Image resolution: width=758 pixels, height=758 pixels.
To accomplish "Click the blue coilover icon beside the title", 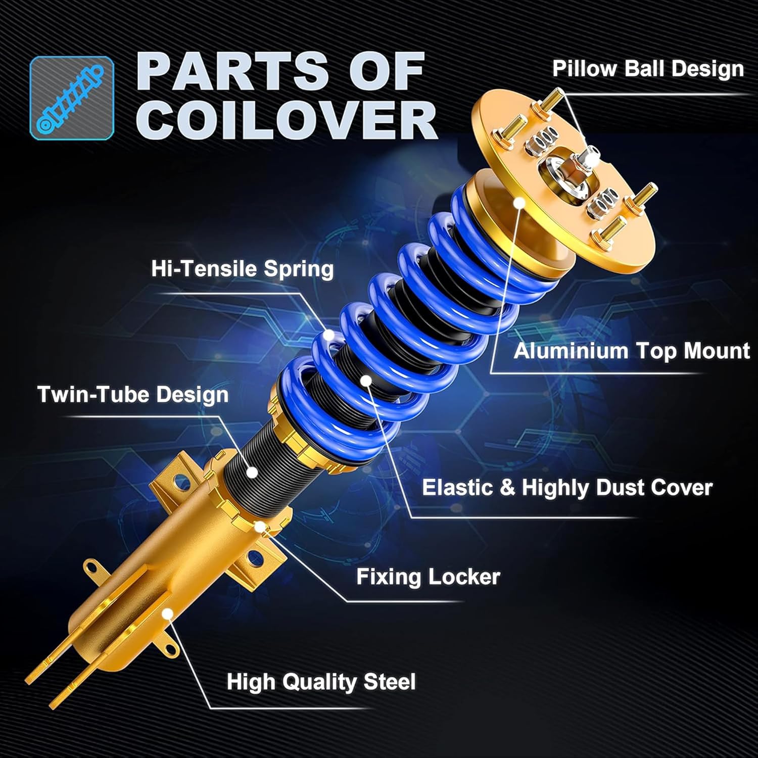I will (x=72, y=98).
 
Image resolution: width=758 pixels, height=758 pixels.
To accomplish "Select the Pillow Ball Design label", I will (x=647, y=69).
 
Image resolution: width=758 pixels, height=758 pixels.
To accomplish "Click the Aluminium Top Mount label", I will (x=631, y=351).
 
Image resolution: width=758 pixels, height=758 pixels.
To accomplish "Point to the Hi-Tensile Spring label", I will (x=242, y=268).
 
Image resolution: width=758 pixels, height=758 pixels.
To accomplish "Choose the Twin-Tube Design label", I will (x=133, y=394).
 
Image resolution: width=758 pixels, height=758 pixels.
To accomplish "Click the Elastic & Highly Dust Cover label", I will (x=567, y=488).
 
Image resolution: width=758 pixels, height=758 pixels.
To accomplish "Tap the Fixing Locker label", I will (x=428, y=577).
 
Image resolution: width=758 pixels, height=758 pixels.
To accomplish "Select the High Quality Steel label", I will (x=321, y=682).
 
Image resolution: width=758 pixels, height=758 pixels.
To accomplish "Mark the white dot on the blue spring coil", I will (x=329, y=335).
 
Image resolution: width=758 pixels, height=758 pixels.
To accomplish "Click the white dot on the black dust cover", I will (x=366, y=380).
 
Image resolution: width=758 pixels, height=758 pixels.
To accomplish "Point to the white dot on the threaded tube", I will (x=252, y=472).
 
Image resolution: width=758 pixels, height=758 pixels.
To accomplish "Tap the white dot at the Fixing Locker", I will (x=260, y=527).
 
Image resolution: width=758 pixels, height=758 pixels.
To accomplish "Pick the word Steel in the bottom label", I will (x=389, y=682).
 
